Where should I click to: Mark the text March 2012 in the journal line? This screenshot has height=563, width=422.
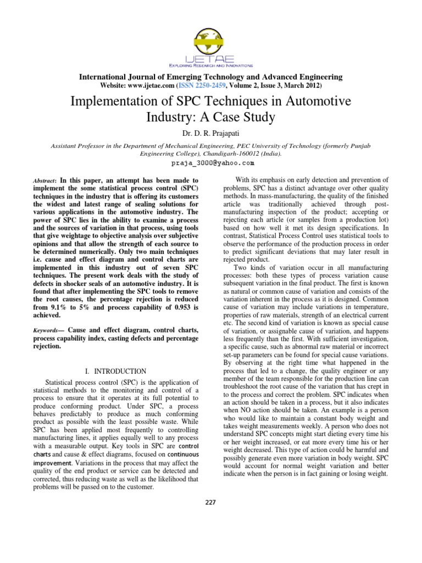point(309,86)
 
